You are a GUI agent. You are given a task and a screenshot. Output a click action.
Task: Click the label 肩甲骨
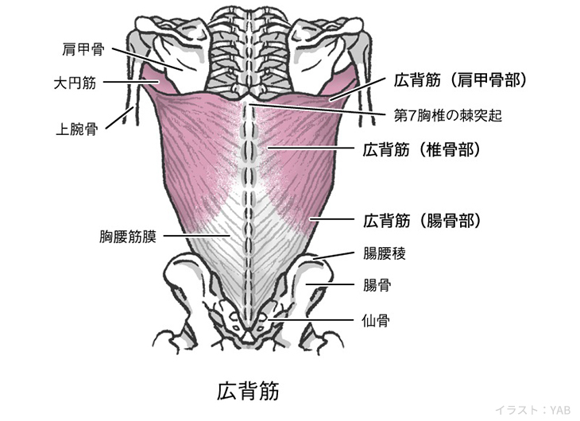83,49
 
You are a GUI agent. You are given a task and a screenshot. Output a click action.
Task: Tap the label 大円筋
76,82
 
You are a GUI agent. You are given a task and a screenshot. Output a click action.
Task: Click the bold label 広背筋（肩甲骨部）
461,79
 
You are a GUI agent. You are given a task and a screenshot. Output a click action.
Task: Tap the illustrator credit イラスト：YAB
532,410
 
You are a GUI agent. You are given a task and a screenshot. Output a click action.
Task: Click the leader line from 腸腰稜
334,255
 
